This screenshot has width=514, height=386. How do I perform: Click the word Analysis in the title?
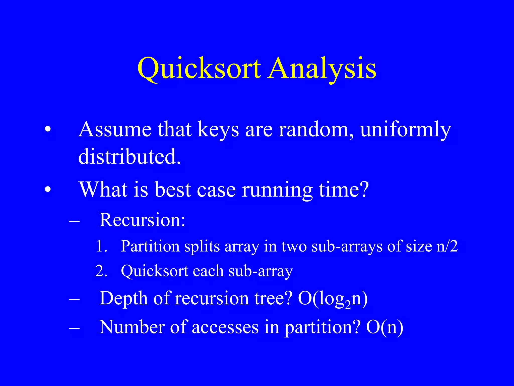[x=322, y=68]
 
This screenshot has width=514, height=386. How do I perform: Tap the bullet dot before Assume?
[x=48, y=130]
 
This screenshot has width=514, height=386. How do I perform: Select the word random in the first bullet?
[x=316, y=129]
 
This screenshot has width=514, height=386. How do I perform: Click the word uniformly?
[x=405, y=130]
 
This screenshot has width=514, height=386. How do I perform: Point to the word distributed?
[x=129, y=156]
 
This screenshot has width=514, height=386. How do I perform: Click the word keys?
[x=218, y=130]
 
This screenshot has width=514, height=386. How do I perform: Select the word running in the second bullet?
[x=277, y=190]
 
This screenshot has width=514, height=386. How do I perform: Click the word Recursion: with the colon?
[x=142, y=220]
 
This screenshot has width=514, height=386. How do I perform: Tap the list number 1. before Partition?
[x=102, y=246]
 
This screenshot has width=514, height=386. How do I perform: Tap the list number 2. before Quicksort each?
[x=102, y=271]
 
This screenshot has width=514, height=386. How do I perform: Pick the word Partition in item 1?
[x=150, y=246]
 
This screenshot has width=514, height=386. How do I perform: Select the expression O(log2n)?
[x=333, y=299]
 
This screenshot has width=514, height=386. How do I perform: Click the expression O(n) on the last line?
[x=384, y=327]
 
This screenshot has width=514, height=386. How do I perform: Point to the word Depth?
[x=123, y=299]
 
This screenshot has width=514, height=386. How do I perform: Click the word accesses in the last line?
[x=225, y=327]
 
